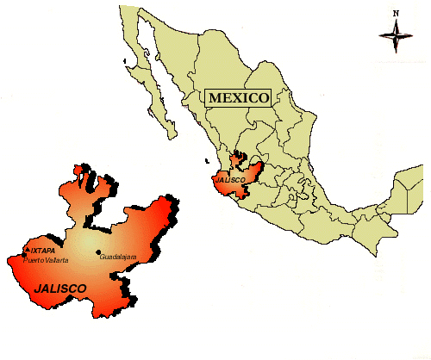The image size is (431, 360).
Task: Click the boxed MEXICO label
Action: (x=238, y=97)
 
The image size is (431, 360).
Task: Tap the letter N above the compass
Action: (x=396, y=13)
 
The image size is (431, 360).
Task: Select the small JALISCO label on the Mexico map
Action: (x=231, y=180)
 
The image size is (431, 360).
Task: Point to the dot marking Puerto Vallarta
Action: (x=22, y=258)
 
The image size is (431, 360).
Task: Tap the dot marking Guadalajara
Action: (x=97, y=252)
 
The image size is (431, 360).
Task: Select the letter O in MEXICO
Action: (x=264, y=97)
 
